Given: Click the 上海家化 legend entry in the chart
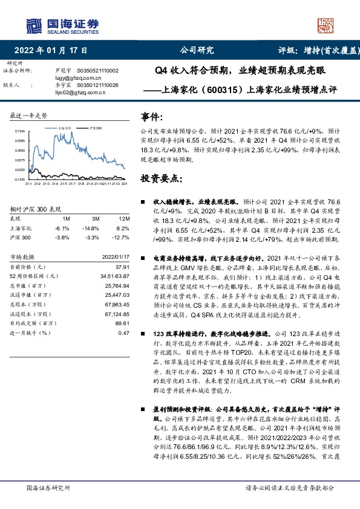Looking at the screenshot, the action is [66, 129].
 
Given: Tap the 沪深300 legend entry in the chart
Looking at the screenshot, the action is [95, 129].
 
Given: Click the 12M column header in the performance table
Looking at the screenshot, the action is [126, 218].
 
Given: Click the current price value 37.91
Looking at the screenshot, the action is [123, 267].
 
